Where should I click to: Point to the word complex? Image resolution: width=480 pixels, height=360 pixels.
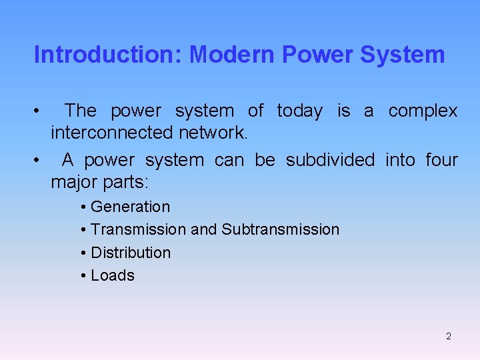tap(423, 111)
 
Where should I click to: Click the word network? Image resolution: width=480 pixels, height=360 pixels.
tap(213, 133)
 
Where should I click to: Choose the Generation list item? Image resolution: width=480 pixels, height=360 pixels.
tap(130, 207)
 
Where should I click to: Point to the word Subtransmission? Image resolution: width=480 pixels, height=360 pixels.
tap(280, 230)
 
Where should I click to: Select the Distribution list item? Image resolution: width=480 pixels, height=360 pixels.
tap(131, 253)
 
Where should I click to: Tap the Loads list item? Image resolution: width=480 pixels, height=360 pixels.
tap(113, 275)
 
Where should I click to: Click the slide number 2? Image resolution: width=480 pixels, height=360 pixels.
tap(449, 336)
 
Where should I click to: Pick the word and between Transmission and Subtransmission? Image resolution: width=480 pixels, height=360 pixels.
tap(203, 230)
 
